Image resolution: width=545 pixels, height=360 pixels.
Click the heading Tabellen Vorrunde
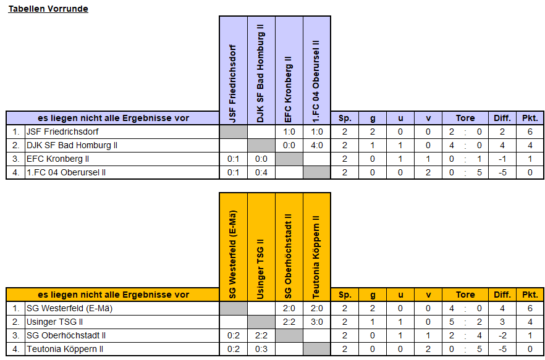[48, 9]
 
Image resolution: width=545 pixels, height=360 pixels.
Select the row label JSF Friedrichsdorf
[62, 132]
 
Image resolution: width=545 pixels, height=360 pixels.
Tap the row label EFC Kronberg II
[57, 159]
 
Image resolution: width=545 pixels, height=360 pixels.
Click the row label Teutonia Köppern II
[65, 349]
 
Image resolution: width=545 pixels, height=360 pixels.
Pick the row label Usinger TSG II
[54, 322]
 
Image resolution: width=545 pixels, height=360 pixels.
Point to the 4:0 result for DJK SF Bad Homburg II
[316, 145]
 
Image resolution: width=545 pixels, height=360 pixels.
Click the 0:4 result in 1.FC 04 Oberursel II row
[261, 172]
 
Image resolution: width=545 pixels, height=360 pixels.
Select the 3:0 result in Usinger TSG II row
[316, 322]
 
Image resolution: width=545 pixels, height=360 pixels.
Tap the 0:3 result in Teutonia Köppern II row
[261, 349]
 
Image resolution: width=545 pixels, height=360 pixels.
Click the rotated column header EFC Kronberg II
[289, 90]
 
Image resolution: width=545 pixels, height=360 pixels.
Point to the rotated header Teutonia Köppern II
[316, 257]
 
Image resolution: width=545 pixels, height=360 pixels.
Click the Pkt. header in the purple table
[530, 118]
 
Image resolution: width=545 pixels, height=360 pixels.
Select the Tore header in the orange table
[465, 295]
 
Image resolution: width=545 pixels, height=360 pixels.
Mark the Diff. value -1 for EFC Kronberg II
[502, 159]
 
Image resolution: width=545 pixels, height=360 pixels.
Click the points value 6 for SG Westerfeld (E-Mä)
[530, 308]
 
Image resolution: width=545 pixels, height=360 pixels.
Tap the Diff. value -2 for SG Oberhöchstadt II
[502, 335]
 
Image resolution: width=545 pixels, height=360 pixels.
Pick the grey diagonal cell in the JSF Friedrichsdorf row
[233, 132]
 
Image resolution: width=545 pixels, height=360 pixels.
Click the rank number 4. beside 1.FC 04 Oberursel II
[16, 172]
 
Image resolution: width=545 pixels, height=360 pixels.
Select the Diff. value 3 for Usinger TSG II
[502, 322]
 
